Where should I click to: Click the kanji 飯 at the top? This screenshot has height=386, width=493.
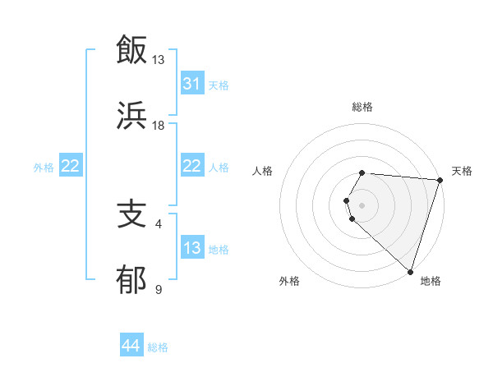pyautogui.click(x=132, y=49)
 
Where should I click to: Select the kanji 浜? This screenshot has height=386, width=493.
pyautogui.click(x=132, y=115)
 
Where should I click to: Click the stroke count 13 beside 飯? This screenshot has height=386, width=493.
pyautogui.click(x=158, y=59)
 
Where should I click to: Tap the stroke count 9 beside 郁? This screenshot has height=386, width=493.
pyautogui.click(x=158, y=290)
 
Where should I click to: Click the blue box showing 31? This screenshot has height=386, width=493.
pyautogui.click(x=191, y=83)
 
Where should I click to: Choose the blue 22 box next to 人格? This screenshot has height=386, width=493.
pyautogui.click(x=191, y=166)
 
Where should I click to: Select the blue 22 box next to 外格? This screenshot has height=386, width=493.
pyautogui.click(x=71, y=166)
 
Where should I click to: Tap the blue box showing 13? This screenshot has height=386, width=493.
pyautogui.click(x=191, y=248)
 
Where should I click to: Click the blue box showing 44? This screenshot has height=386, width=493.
pyautogui.click(x=131, y=346)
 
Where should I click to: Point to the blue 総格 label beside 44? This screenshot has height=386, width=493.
pyautogui.click(x=158, y=347)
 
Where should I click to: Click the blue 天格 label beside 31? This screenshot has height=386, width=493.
pyautogui.click(x=219, y=85)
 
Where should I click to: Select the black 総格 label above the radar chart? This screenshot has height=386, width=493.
pyautogui.click(x=362, y=107)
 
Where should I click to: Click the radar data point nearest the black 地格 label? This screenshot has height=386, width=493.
pyautogui.click(x=410, y=271)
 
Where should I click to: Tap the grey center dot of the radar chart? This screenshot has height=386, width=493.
pyautogui.click(x=362, y=204)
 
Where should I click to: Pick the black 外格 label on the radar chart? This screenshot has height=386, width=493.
pyautogui.click(x=289, y=281)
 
